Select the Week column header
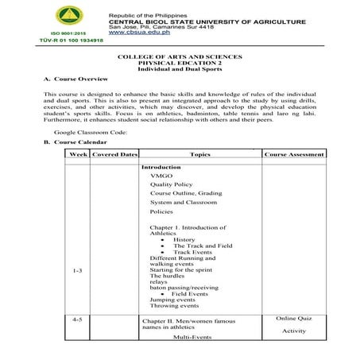(78, 154)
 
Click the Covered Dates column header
(114, 154)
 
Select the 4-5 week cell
(78, 319)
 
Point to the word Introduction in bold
(161, 168)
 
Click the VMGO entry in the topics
(161, 176)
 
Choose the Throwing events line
(174, 305)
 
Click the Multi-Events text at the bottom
(192, 337)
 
